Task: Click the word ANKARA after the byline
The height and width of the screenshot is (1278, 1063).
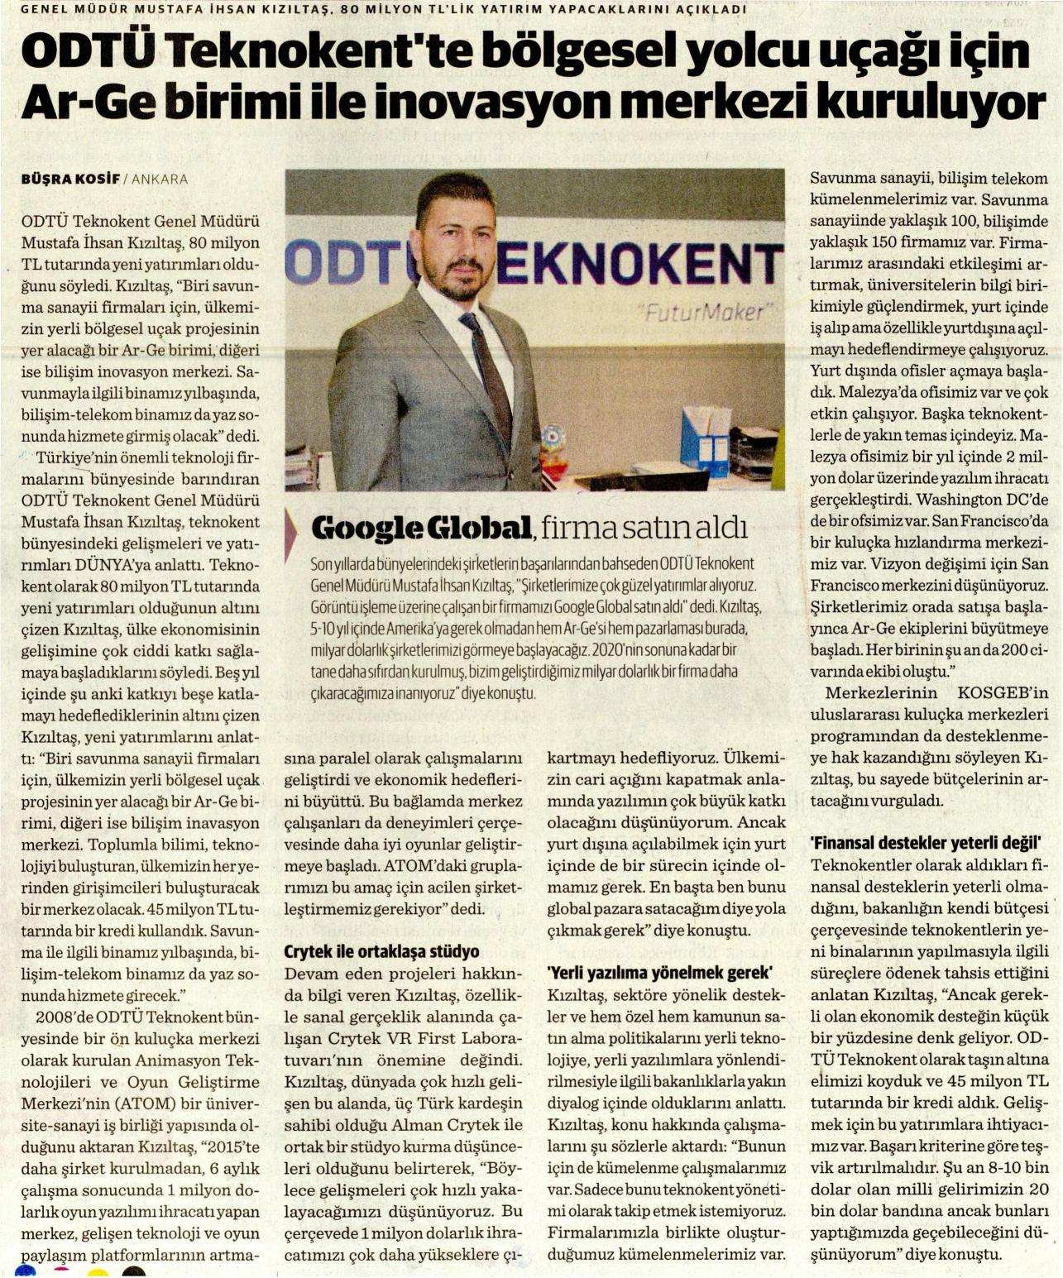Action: (x=160, y=179)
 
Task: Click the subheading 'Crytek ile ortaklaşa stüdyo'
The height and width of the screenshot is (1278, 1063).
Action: (x=381, y=952)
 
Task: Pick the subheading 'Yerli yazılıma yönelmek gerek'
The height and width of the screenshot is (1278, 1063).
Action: (x=660, y=973)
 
